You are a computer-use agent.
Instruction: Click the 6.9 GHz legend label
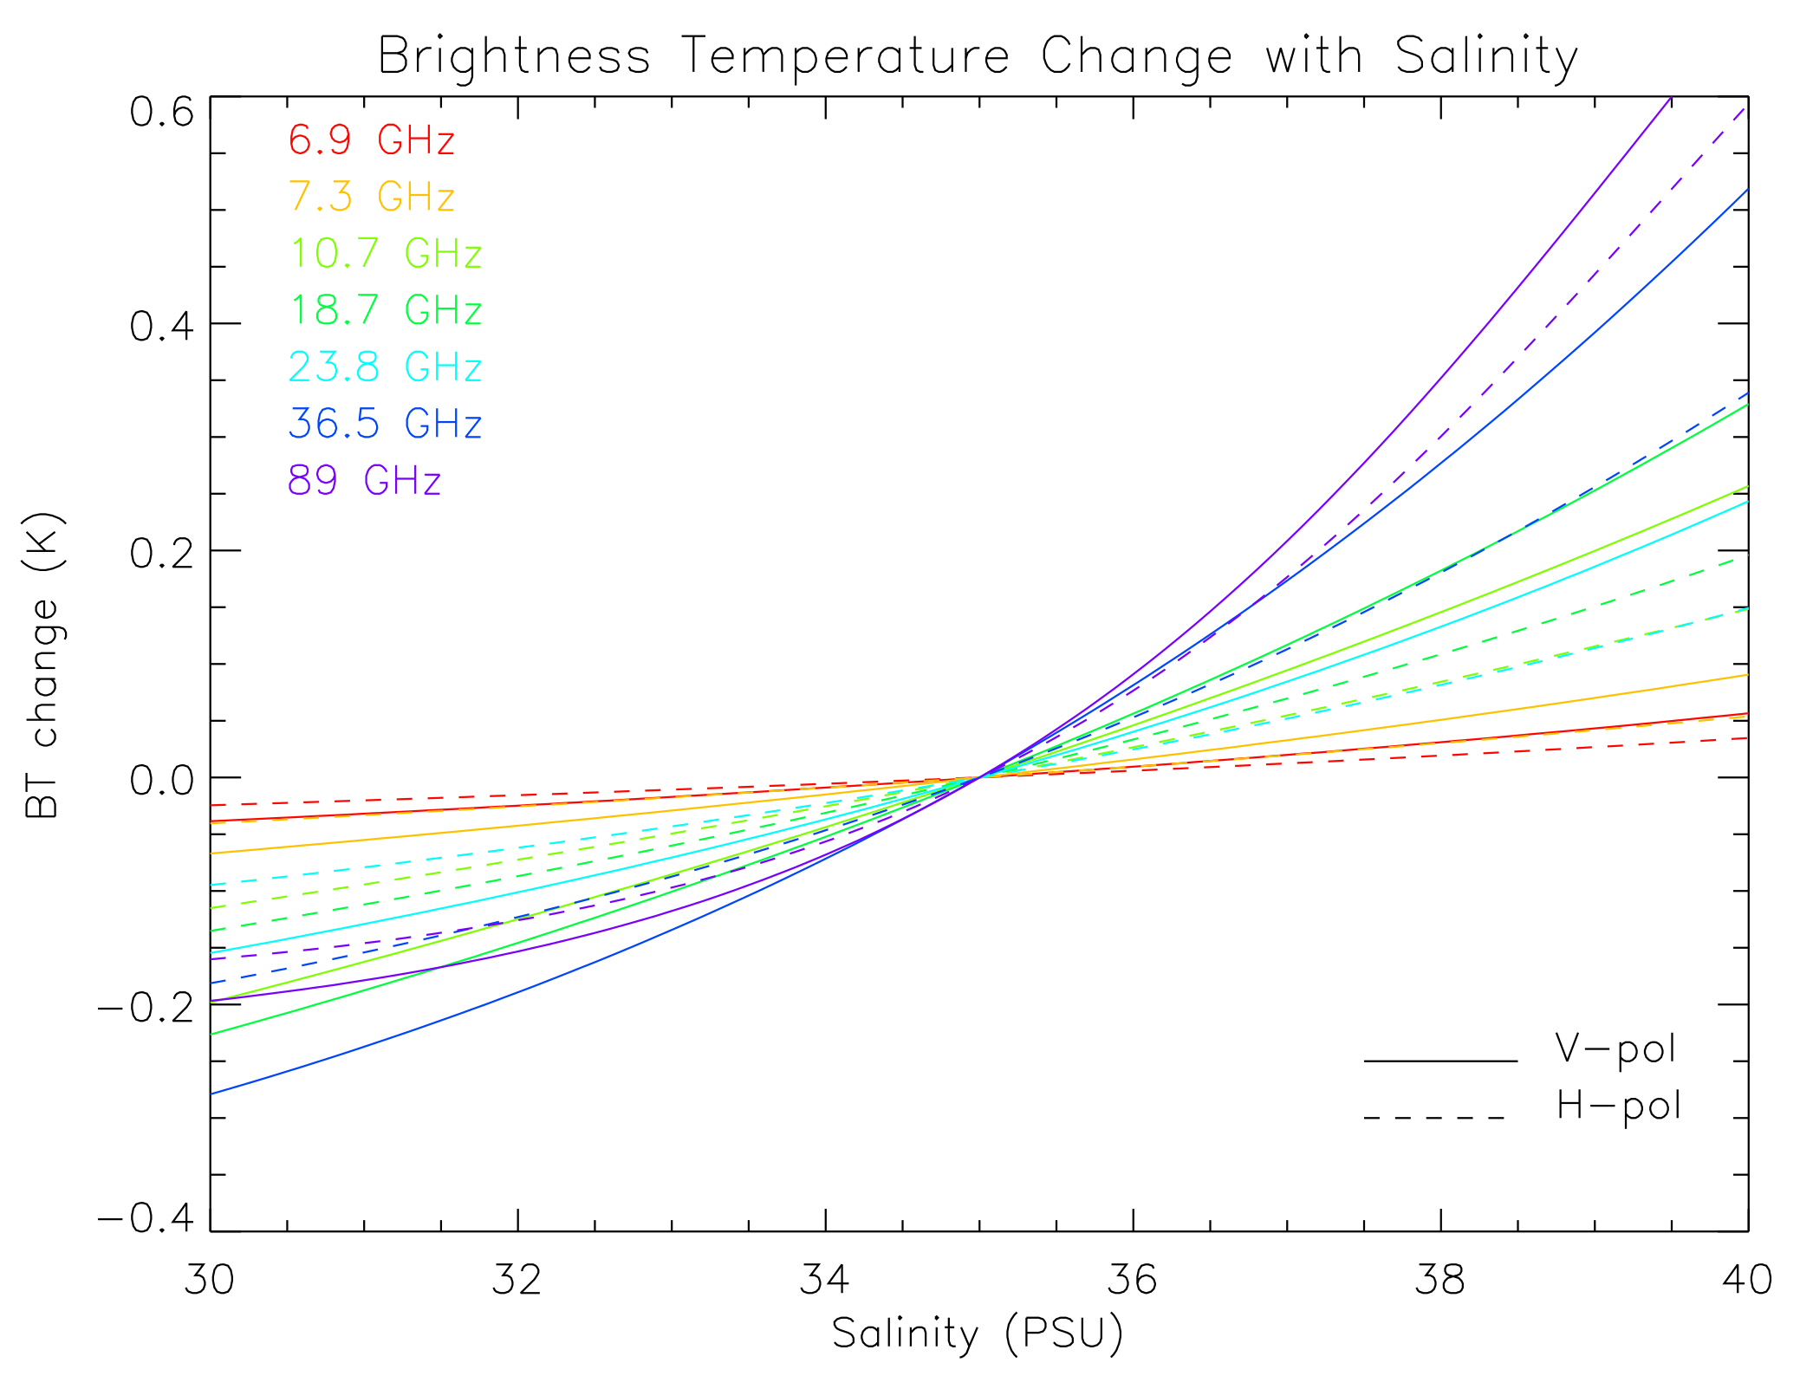[371, 140]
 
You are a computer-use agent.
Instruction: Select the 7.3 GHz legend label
[371, 197]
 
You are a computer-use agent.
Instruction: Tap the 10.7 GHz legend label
[385, 254]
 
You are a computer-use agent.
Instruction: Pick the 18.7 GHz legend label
[385, 310]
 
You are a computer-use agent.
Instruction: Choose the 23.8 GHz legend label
[385, 367]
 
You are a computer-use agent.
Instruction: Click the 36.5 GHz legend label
[385, 424]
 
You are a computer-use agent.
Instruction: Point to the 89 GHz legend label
[364, 481]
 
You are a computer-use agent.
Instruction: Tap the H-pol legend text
[1618, 1107]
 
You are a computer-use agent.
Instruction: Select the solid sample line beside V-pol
[1440, 1061]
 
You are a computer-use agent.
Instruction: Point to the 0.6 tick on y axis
[161, 112]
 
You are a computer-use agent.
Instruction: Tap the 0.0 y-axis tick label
[161, 780]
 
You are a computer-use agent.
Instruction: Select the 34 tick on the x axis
[824, 1279]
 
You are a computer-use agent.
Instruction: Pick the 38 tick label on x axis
[1439, 1279]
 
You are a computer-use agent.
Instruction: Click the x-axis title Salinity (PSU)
[977, 1334]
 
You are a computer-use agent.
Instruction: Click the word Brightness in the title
[514, 57]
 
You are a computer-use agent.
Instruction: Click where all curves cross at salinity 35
[979, 776]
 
